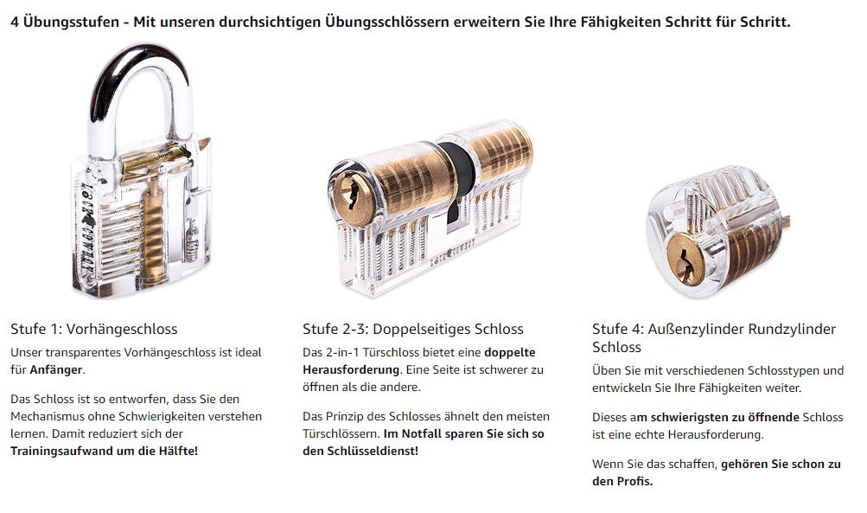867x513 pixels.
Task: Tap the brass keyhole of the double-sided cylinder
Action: (353, 198)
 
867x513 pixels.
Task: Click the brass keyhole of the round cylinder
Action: (685, 259)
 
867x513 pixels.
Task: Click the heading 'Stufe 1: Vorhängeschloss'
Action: (94, 329)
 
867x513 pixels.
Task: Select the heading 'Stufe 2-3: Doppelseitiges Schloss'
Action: (413, 329)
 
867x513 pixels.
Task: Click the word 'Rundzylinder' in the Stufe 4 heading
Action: (792, 329)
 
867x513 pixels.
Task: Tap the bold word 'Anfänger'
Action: (56, 369)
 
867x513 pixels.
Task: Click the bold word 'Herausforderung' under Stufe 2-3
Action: (351, 369)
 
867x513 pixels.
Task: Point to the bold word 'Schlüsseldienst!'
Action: (373, 451)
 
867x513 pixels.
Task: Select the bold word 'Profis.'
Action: (634, 482)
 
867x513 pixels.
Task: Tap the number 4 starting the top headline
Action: (15, 22)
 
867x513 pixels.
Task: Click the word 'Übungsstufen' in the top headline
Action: (72, 22)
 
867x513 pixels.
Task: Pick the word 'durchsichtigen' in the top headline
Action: (268, 22)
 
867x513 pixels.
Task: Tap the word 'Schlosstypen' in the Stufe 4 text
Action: (782, 370)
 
